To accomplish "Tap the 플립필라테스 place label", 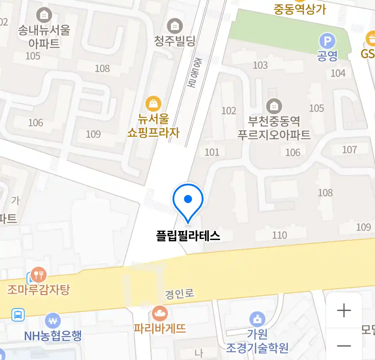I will [x=188, y=236].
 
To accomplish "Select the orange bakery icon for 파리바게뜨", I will [x=160, y=313].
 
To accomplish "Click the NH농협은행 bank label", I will [x=53, y=336].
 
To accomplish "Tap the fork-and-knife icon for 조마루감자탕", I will [x=39, y=275].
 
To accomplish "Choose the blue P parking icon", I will [x=327, y=41].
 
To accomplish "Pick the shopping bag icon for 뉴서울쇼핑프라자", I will [x=153, y=104].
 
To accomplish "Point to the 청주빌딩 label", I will [x=175, y=41].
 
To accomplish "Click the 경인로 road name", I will [x=180, y=294].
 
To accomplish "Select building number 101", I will [x=212, y=152].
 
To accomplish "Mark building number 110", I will [x=279, y=235].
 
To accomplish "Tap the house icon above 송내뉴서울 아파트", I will [x=44, y=15].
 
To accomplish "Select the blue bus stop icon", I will [x=18, y=314].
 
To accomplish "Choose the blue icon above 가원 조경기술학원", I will [x=257, y=319].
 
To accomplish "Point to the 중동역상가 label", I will [x=300, y=9].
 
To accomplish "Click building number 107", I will [x=349, y=150].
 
